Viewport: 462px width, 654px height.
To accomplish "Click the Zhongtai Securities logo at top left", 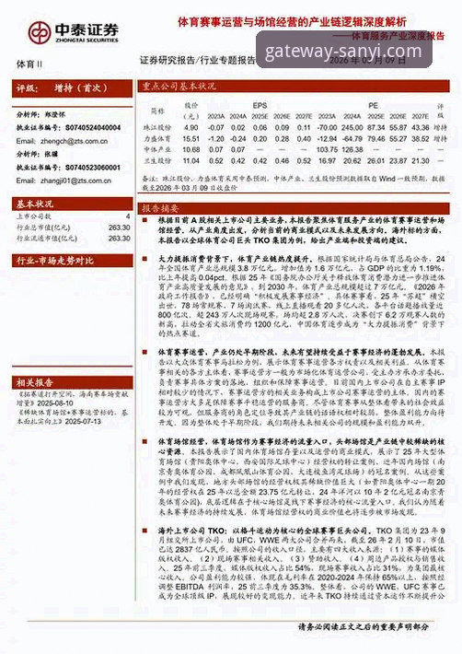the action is [x=63, y=30].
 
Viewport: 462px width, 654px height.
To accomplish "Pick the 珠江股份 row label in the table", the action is [x=159, y=125].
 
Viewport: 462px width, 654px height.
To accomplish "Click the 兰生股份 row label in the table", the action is [x=159, y=158].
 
